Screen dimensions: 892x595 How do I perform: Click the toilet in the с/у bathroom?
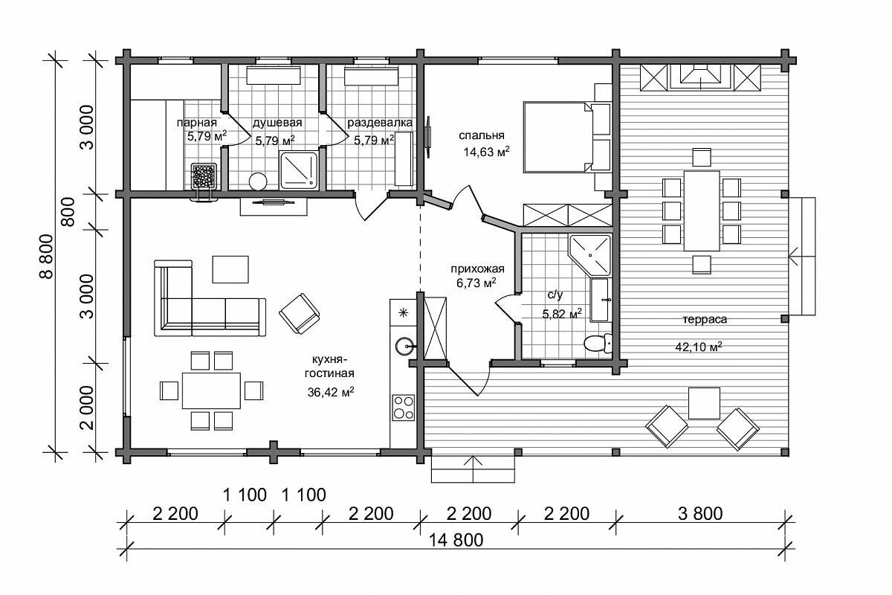598,344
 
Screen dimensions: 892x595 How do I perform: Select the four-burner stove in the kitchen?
404,408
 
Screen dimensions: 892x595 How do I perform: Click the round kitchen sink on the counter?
404,346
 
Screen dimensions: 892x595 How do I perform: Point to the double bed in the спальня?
566,137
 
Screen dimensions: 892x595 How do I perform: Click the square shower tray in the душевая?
299,170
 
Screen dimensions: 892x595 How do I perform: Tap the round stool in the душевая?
258,181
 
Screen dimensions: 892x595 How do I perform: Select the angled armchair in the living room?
300,314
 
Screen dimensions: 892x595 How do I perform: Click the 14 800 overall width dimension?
456,541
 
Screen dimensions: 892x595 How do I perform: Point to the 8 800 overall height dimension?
47,257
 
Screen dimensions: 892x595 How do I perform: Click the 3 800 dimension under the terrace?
700,514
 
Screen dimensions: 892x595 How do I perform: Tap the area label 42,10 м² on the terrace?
699,347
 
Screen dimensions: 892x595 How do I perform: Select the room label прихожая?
477,269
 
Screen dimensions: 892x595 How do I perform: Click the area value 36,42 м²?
331,392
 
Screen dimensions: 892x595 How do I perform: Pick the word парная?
197,123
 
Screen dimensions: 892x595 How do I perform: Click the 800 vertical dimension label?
69,212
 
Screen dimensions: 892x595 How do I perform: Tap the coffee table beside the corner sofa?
230,269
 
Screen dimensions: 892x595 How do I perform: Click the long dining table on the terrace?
702,210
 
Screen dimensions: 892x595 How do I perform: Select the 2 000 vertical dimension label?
87,408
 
